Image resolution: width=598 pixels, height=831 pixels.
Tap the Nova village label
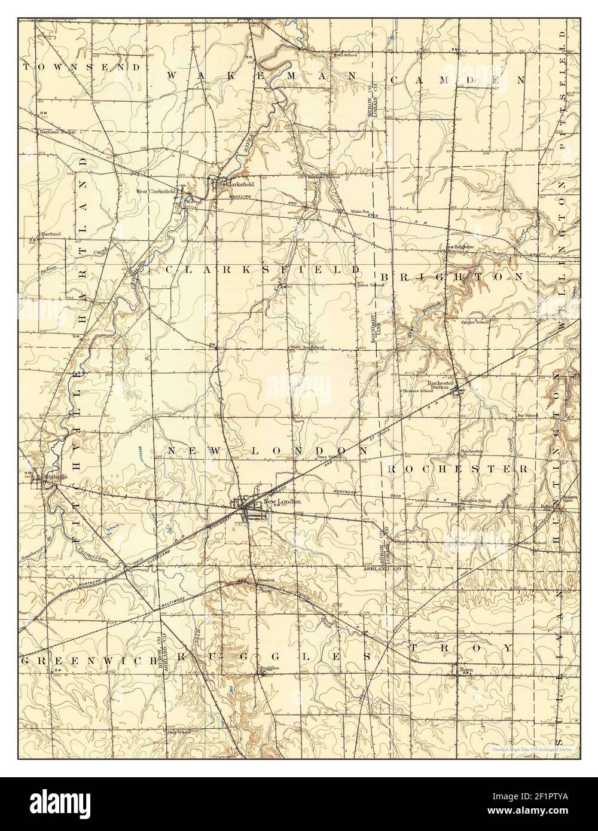coord(466,670)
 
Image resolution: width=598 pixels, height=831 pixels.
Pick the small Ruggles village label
coord(269,668)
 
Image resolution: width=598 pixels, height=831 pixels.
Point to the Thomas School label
coord(418,391)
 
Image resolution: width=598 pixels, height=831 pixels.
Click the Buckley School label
coord(531,543)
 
